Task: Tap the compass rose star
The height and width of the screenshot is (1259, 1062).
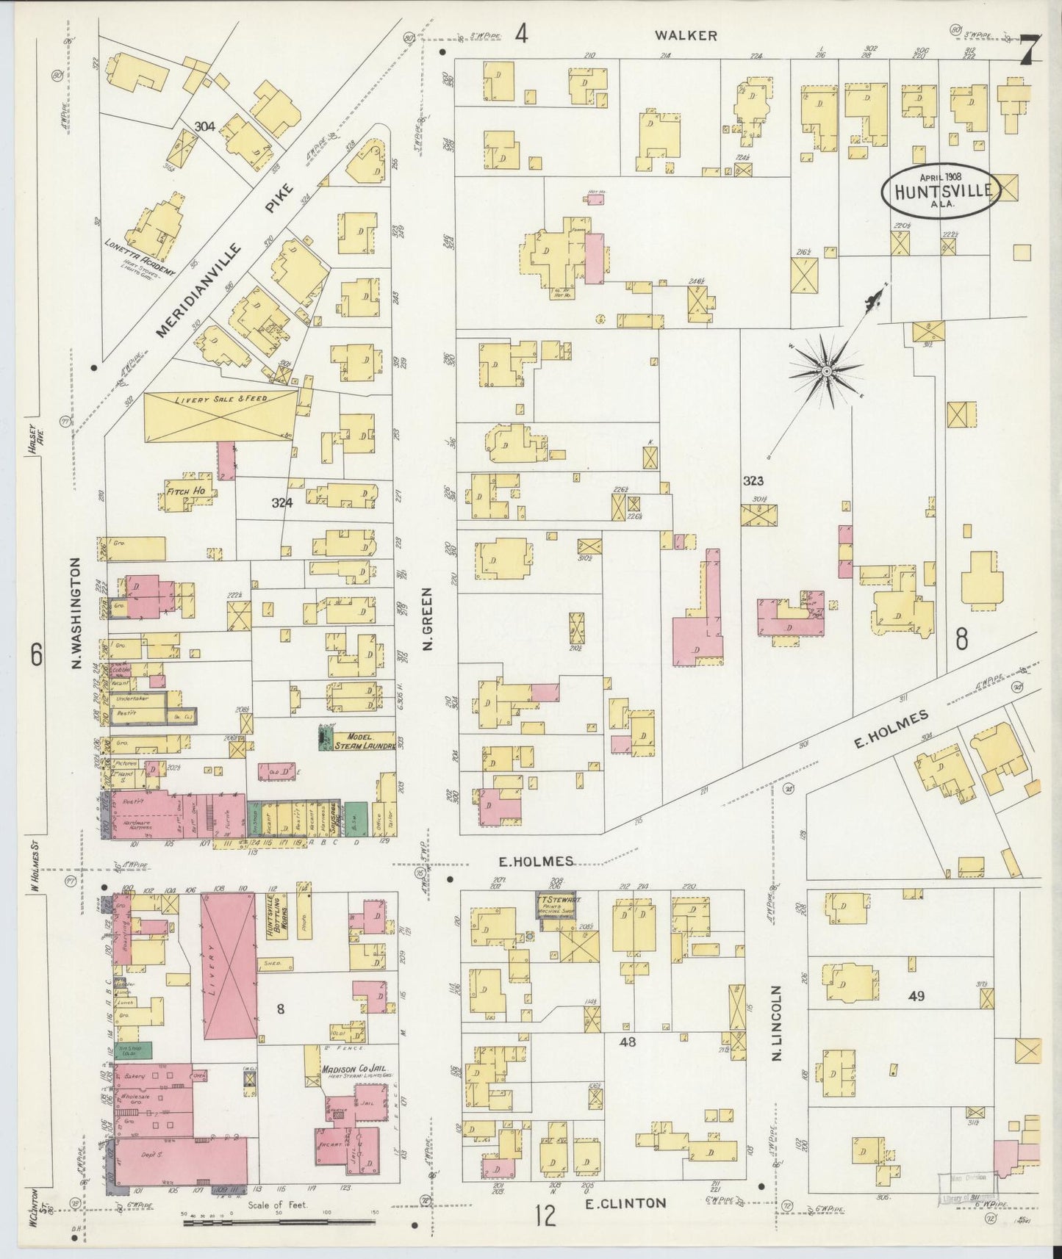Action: click(x=827, y=372)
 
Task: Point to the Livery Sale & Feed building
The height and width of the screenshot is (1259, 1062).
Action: click(x=220, y=416)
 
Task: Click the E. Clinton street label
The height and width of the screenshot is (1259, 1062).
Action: click(x=625, y=1202)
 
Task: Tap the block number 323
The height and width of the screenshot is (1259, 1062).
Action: click(x=753, y=481)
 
